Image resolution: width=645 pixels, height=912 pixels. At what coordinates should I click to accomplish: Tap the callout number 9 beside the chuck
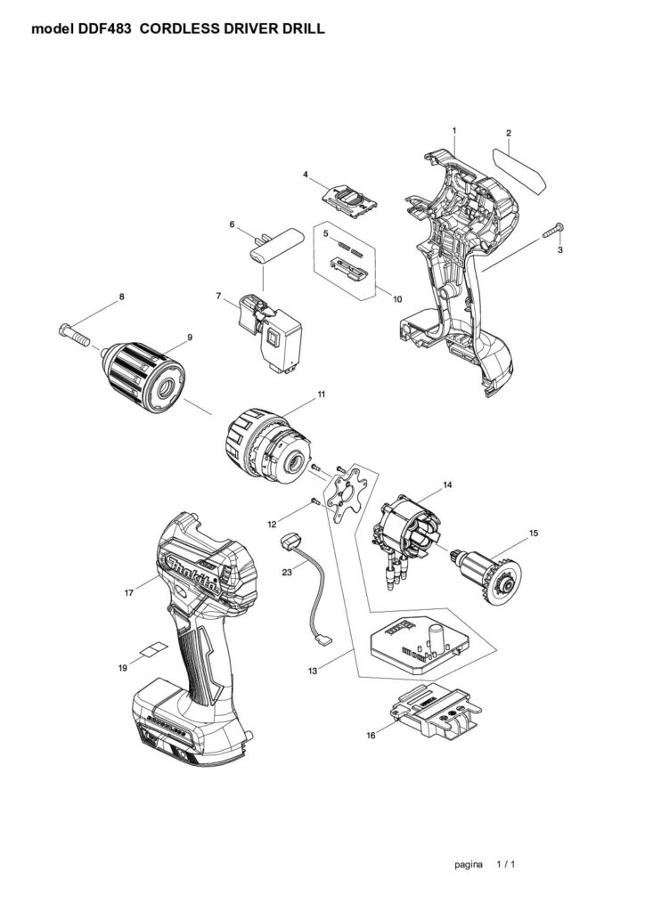point(190,338)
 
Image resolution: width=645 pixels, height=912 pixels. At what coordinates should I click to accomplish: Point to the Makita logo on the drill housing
point(193,574)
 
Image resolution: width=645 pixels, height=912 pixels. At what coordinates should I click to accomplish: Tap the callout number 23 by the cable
point(287,573)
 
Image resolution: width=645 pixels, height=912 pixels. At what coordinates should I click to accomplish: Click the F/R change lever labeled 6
point(276,247)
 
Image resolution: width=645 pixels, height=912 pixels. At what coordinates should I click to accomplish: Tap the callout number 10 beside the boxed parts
point(397,299)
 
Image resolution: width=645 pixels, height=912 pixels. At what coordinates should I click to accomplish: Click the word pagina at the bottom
point(469,864)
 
